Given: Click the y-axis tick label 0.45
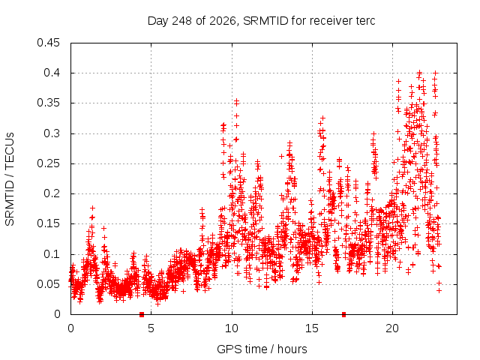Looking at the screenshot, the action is click(48, 43).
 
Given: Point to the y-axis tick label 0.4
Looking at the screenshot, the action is click(52, 73).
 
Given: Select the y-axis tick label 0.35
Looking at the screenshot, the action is click(48, 103).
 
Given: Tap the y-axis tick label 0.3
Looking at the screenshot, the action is click(52, 133).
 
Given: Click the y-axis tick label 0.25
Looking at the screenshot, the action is click(48, 163).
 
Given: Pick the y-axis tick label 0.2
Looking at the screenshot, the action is click(52, 193).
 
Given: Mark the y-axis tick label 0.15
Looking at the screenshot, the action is click(48, 223).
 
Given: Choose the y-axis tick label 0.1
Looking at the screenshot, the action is click(52, 253).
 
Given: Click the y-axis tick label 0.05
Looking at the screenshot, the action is click(48, 284).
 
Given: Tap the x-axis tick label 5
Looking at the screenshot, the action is click(151, 328).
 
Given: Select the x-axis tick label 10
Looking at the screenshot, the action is click(232, 328).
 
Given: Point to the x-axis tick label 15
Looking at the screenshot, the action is click(312, 328).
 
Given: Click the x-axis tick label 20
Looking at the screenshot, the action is click(392, 328).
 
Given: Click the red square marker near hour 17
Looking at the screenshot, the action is click(343, 314).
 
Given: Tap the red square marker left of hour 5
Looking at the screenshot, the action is click(142, 314).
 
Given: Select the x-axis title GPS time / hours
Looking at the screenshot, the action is click(262, 349).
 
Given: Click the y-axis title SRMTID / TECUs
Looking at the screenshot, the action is click(10, 179).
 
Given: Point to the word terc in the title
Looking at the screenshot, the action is click(365, 21).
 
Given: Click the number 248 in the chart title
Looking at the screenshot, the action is click(181, 21).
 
